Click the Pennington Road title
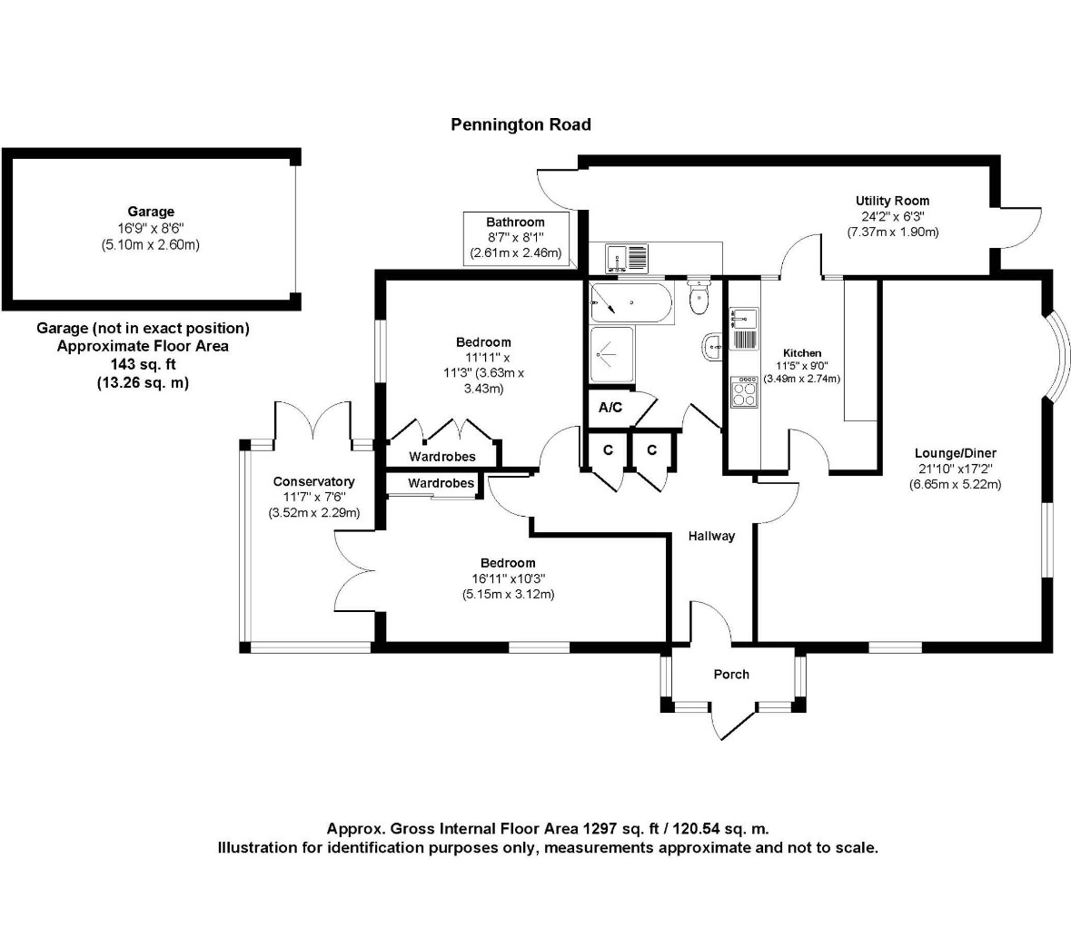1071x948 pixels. coord(521,124)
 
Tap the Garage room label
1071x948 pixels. coord(150,212)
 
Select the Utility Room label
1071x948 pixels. coord(892,201)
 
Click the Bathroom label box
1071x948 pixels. coord(515,238)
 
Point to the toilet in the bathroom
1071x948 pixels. coord(699,298)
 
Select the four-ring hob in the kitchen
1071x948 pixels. coord(745,391)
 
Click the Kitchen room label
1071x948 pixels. coord(802,352)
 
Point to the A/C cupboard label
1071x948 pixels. coord(610,407)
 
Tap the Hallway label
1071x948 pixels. coord(710,536)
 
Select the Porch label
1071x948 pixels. coord(731,674)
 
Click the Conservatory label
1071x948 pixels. coord(313,481)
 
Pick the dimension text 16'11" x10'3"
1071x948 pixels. coord(508,578)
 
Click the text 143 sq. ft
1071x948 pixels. coord(143,364)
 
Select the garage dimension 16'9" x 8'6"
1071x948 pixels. coord(150,229)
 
